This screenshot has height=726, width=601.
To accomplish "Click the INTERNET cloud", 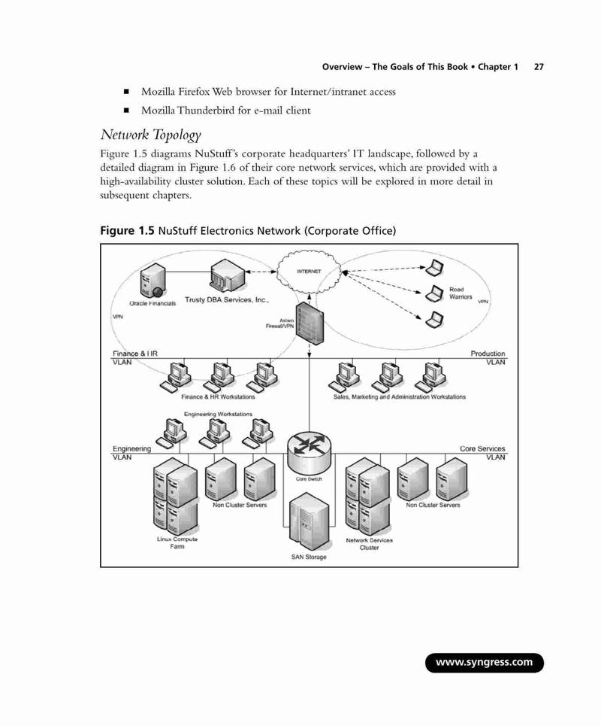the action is (309, 272).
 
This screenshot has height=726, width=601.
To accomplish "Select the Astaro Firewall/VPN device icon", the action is (310, 324).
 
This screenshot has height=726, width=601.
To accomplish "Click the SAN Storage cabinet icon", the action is (309, 521).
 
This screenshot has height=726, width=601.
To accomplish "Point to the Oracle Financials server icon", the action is (153, 281).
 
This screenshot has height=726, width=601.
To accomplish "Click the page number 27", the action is (539, 67).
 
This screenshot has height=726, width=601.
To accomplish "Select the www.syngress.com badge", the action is (484, 662).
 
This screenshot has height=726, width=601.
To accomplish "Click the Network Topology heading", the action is (151, 135).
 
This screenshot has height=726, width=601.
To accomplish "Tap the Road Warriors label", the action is (461, 293).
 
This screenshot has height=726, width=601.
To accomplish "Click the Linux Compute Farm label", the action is (177, 542).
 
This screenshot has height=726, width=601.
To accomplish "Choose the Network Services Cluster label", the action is (369, 544).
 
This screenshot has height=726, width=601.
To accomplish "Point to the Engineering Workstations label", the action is (218, 414).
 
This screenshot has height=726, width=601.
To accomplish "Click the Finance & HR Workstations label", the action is (218, 396).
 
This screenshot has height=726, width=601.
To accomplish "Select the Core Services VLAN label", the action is (482, 453).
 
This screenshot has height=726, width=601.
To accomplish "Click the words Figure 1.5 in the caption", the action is (127, 230).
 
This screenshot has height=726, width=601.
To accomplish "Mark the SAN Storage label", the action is (309, 557).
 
